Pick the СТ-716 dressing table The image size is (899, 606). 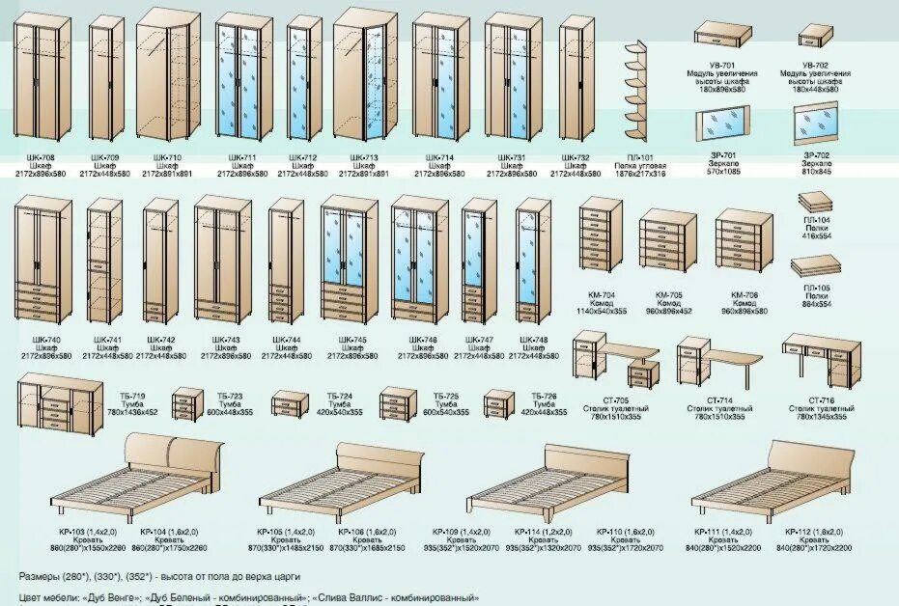(x=817, y=358)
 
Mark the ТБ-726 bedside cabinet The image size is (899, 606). (x=497, y=402)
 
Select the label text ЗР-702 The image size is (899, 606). (x=816, y=154)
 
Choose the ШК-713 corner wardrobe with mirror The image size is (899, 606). (x=365, y=77)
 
